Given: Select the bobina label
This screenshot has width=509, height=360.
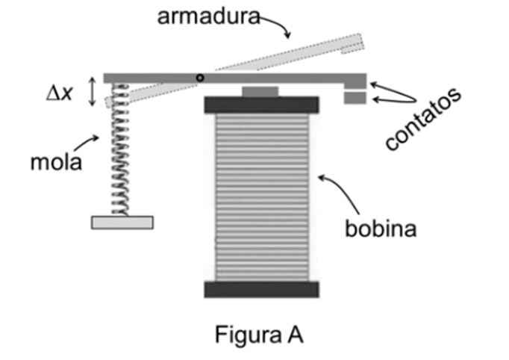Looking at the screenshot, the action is tap(380, 228).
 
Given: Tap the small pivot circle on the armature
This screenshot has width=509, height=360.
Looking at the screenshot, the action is tap(199, 78).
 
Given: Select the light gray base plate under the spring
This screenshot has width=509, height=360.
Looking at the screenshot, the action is tap(122, 222).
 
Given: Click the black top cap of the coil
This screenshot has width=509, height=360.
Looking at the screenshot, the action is tap(261, 104).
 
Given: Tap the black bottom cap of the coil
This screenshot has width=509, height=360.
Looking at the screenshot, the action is tap(261, 289).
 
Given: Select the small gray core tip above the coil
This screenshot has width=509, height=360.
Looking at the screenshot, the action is tap(260, 91).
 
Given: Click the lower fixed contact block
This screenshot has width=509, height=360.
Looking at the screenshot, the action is tap(355, 98).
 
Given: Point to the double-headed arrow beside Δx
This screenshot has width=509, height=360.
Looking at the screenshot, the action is tap(93, 93).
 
